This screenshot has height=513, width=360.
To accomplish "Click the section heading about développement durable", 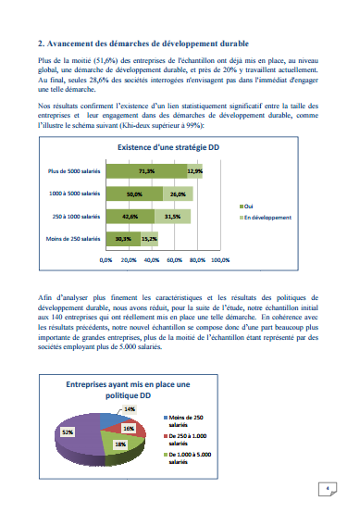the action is (x=148, y=44).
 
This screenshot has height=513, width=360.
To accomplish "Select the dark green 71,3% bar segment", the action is (x=145, y=170).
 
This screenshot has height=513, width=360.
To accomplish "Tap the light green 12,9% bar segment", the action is (x=194, y=170).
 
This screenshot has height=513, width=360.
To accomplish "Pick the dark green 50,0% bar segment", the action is (x=134, y=194).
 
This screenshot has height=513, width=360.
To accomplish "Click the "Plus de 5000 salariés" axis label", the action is (x=73, y=171).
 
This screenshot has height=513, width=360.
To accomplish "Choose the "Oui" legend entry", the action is (x=224, y=206).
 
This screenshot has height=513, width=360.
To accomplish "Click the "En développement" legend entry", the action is (x=242, y=217).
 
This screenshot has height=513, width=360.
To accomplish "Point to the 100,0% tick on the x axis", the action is (x=220, y=260).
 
